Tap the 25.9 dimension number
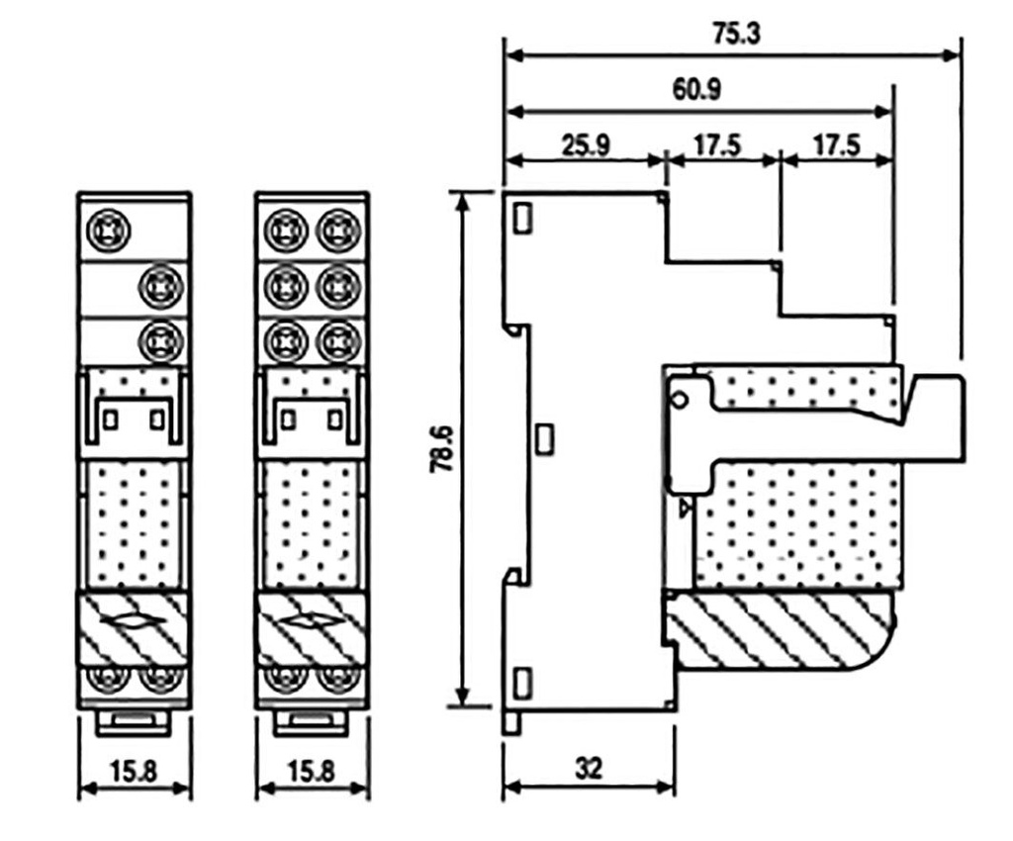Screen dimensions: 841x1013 point(587,145)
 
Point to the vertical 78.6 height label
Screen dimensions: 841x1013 point(442,448)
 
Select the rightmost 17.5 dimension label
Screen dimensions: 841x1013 point(836,145)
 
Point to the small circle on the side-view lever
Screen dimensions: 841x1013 point(679,399)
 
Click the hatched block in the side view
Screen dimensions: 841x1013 point(782,629)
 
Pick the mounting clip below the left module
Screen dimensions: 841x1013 point(135,722)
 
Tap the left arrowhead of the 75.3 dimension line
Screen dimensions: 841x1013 point(509,54)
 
